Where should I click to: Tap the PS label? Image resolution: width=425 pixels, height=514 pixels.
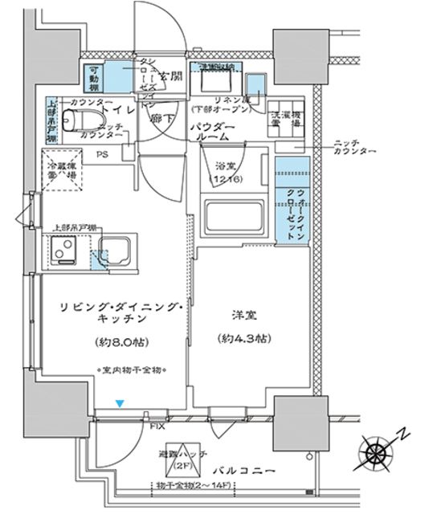pyautogui.click(x=103, y=155)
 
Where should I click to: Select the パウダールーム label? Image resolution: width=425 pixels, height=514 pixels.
pyautogui.click(x=213, y=133)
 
